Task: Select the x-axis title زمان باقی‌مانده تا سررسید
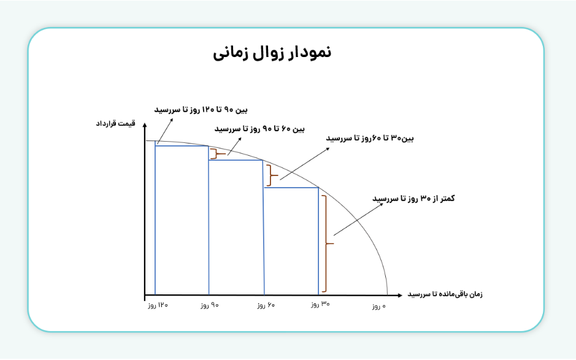[x=445, y=294]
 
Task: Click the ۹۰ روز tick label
[x=210, y=305]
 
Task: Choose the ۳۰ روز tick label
[x=320, y=305]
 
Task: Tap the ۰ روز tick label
[x=380, y=305]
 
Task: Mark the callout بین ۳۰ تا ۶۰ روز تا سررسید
[x=370, y=139]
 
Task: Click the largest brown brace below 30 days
[x=328, y=243]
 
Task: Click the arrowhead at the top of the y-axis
[x=144, y=126]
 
